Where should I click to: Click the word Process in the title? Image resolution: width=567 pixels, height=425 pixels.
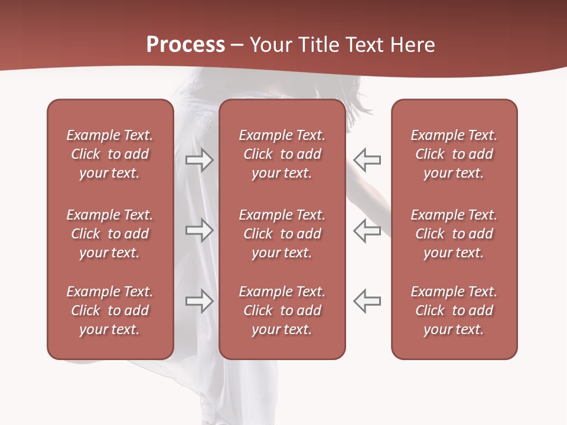pyautogui.click(x=185, y=45)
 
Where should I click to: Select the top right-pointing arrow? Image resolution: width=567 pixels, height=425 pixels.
pyautogui.click(x=199, y=159)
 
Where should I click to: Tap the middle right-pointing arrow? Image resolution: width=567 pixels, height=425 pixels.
pyautogui.click(x=199, y=230)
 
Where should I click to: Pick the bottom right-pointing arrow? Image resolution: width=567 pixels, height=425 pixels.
pyautogui.click(x=199, y=301)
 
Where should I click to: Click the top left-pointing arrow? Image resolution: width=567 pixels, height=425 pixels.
pyautogui.click(x=367, y=159)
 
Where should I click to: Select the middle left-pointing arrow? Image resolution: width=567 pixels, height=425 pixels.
pyautogui.click(x=367, y=230)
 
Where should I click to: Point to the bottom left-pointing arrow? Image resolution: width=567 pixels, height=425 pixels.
pyautogui.click(x=367, y=301)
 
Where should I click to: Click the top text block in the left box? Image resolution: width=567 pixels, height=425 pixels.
pyautogui.click(x=110, y=154)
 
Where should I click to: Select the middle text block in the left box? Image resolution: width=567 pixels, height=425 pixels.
pyautogui.click(x=110, y=234)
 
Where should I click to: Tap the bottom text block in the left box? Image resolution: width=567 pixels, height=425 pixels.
pyautogui.click(x=110, y=310)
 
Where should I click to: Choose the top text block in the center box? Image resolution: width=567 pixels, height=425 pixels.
pyautogui.click(x=282, y=154)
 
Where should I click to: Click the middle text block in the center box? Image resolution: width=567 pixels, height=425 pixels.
pyautogui.click(x=282, y=234)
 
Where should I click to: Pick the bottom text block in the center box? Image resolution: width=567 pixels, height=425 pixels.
pyautogui.click(x=282, y=310)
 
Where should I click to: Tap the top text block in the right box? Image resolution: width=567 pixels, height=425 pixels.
pyautogui.click(x=454, y=154)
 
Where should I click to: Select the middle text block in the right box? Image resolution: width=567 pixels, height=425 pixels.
pyautogui.click(x=454, y=234)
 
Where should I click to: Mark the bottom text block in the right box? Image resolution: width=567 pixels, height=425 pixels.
pyautogui.click(x=454, y=310)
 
